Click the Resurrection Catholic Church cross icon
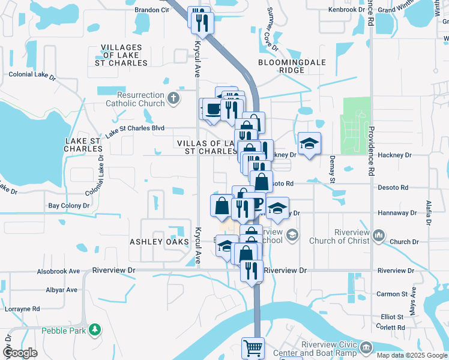point(173,98)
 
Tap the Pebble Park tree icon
point(94,329)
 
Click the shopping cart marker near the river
point(253,347)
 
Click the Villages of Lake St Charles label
point(121,55)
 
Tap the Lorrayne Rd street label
point(22,308)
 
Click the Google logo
point(20,353)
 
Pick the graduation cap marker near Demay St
point(309,144)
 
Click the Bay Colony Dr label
point(68,205)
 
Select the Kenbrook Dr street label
point(346,10)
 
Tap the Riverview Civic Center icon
point(366,346)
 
